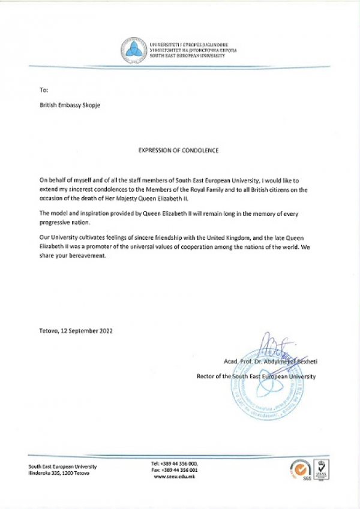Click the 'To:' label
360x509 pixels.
coord(43,89)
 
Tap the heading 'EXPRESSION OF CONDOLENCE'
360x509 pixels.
coord(178,150)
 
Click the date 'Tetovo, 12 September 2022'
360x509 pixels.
coord(76,330)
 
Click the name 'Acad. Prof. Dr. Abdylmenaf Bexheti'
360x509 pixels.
coord(268,362)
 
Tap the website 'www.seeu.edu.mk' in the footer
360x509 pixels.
coord(175,477)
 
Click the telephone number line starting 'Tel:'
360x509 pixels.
coord(175,463)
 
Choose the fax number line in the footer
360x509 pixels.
coord(175,470)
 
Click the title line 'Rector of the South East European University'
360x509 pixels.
coord(256,377)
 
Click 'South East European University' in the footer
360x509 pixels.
coord(62,466)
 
